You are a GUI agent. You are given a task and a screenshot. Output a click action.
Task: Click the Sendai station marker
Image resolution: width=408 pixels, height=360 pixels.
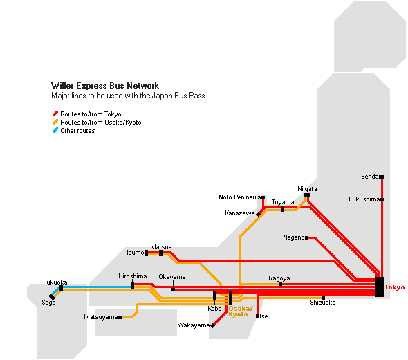pos(382,177)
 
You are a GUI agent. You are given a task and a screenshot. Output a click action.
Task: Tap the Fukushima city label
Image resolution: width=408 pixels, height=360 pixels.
pos(364,199)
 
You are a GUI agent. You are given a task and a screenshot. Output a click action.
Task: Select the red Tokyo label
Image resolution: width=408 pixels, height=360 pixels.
pos(394,287)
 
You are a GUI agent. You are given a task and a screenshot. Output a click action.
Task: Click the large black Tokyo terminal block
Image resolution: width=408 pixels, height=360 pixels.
pos(380,287)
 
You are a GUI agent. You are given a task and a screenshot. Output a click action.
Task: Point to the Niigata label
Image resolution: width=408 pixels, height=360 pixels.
pos(307,189)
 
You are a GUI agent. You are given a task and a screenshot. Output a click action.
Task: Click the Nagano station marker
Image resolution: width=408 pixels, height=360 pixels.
pos(307,237)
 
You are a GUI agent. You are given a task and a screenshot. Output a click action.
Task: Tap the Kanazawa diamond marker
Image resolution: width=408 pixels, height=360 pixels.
pos(258,214)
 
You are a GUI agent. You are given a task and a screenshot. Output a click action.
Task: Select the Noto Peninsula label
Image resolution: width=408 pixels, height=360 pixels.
pos(239,197)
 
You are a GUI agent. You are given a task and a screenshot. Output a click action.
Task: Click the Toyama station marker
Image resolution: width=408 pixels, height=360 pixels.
pos(282,208)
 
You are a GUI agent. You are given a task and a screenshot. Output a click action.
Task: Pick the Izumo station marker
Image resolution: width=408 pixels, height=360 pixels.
pos(146,253)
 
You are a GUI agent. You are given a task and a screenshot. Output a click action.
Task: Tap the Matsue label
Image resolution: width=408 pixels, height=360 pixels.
pos(161,246)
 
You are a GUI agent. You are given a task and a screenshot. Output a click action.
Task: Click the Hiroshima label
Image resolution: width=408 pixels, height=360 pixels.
pos(133,276)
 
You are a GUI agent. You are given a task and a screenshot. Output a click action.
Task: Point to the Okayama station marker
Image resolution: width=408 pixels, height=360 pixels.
pos(174,289)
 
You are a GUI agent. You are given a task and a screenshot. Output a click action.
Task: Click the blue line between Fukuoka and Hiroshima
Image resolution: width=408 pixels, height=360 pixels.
pos(97,287)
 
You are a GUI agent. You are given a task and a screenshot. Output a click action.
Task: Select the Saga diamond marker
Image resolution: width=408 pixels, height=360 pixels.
pos(52,297)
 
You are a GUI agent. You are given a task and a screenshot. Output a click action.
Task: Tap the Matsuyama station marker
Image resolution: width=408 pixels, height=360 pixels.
pos(120,317)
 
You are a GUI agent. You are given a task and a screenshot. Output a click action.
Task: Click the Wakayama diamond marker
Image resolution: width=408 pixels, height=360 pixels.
pos(212,325)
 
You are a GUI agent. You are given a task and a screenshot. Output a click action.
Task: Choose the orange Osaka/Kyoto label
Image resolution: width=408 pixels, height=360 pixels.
pos(241,312)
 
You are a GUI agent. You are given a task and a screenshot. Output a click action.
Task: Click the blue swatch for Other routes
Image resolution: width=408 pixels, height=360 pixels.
pos(55,130)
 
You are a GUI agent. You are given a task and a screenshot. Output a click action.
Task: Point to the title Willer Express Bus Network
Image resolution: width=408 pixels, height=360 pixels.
pos(105,86)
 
